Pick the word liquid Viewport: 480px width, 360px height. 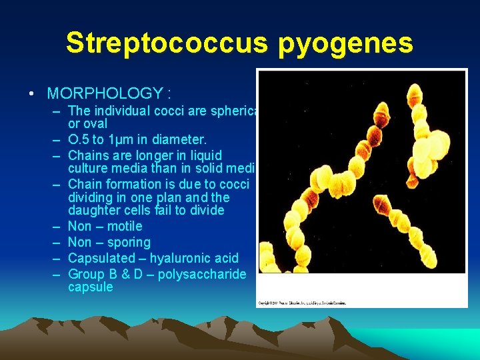click(x=203, y=155)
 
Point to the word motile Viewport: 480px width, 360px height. click(x=125, y=227)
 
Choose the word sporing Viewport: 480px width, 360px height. click(x=129, y=243)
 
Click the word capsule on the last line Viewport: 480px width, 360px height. click(x=90, y=287)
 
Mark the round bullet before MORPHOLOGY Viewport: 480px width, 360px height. click(x=40, y=93)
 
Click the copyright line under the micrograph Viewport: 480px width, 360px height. click(x=302, y=303)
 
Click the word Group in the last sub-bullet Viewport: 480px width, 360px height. click(x=87, y=274)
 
